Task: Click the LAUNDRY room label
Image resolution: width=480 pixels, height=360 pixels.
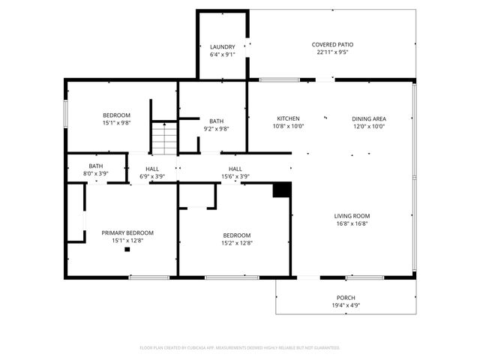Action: point(222,46)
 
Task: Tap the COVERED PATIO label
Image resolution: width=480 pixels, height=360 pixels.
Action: point(332,44)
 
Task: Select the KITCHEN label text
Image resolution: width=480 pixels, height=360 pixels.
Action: point(289,118)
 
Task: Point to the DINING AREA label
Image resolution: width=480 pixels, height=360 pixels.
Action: point(368,118)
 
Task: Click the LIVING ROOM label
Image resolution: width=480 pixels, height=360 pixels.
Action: point(352,216)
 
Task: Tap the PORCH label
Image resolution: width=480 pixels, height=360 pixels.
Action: point(346,298)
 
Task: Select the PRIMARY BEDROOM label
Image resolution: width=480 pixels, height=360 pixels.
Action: point(127,233)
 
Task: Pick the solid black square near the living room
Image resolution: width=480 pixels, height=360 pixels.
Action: point(281,190)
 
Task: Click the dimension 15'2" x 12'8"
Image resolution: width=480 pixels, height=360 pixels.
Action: point(236,243)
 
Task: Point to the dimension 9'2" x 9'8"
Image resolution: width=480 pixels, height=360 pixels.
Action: point(216,129)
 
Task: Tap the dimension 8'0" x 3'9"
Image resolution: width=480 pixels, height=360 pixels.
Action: point(96,174)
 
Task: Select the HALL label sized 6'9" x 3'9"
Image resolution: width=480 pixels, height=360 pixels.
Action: point(152,169)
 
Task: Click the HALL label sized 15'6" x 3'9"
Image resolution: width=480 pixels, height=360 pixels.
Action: point(235,169)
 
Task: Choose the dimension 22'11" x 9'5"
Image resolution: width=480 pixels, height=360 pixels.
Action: point(332,52)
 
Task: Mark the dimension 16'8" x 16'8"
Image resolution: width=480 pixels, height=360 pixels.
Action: point(352,223)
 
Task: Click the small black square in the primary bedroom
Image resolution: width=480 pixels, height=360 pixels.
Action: point(127,250)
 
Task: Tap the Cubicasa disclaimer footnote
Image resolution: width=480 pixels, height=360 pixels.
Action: point(240,348)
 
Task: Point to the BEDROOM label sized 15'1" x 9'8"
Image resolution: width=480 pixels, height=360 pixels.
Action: point(116,115)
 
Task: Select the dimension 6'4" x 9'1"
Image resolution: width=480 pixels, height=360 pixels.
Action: point(222,55)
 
